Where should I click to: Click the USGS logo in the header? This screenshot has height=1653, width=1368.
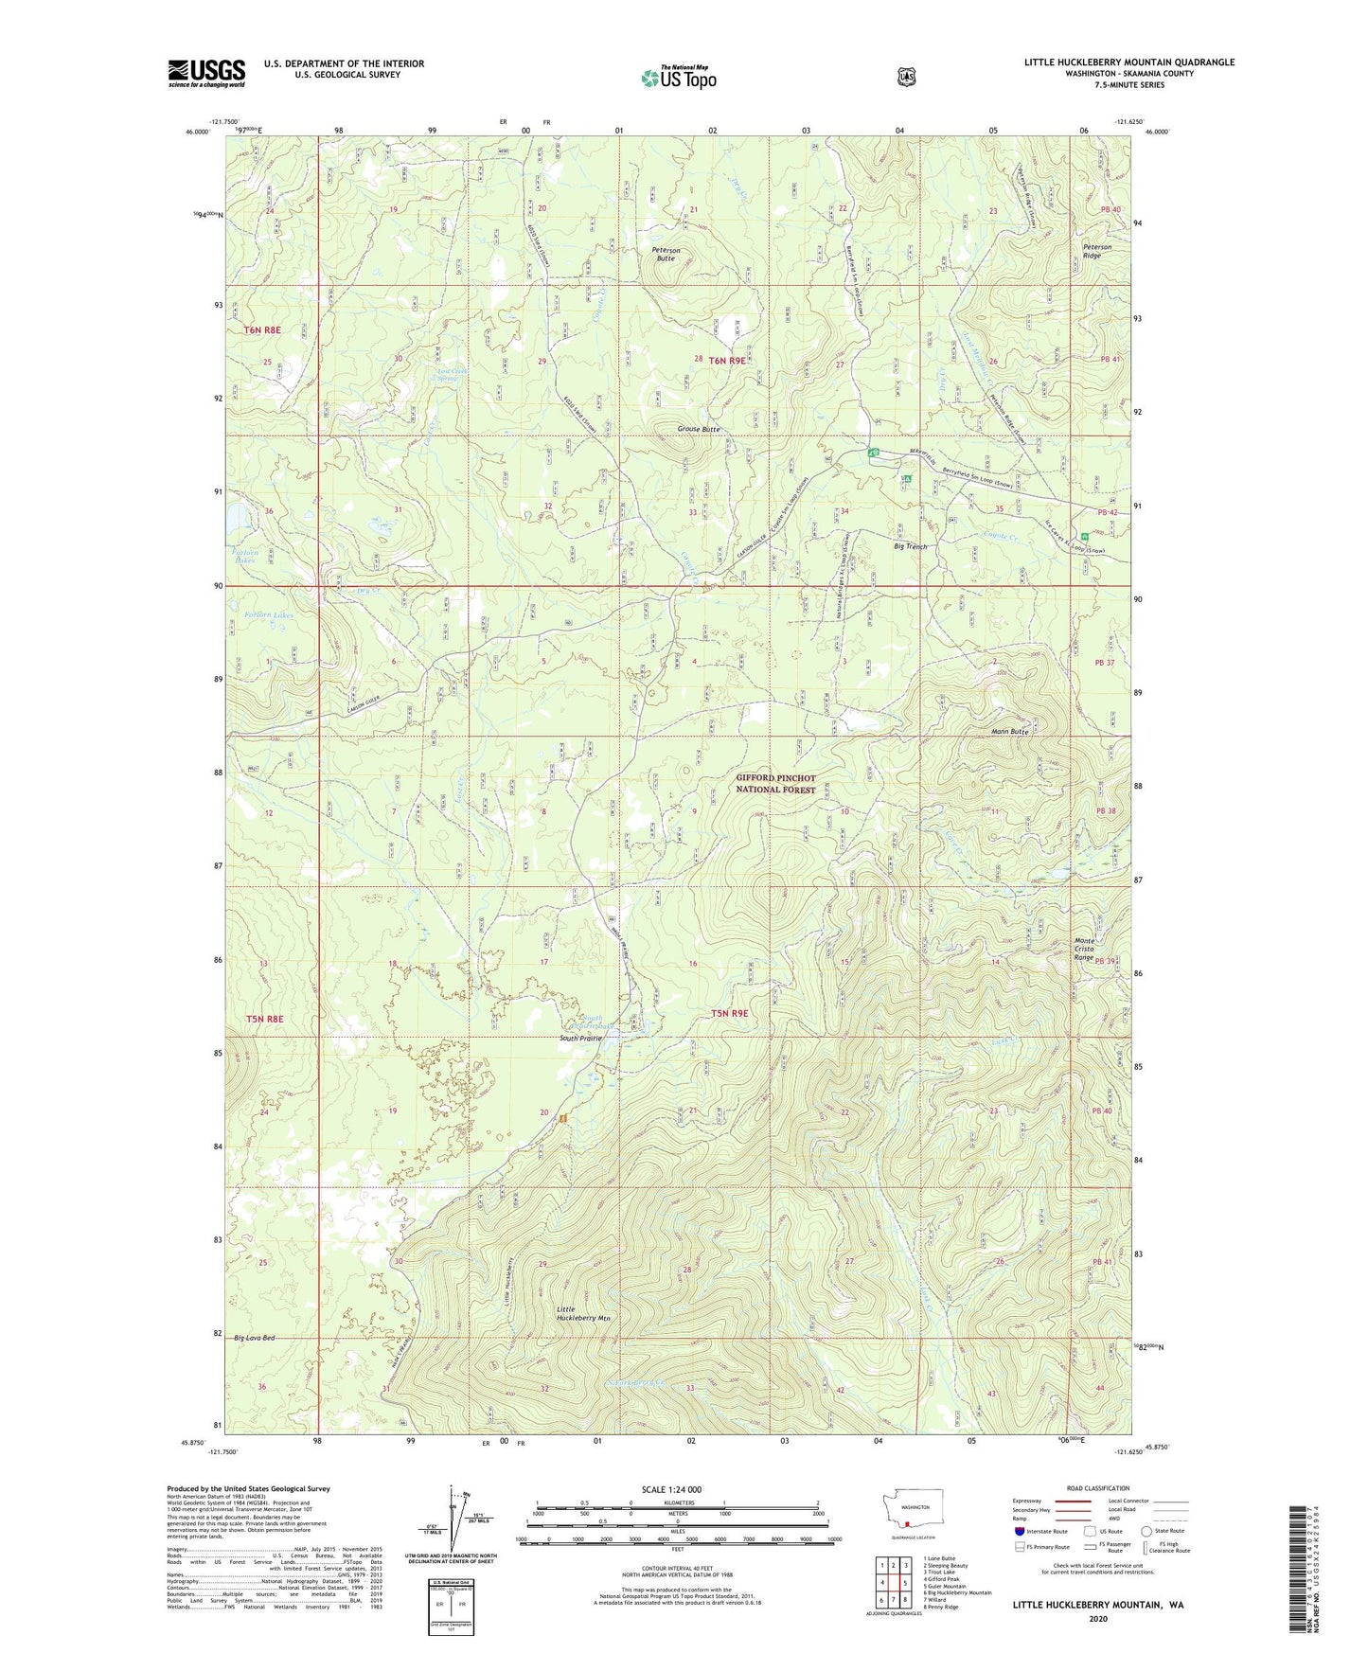tap(206, 73)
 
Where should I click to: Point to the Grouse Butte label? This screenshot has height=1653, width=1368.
tap(700, 429)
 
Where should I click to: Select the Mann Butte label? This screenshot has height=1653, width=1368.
tap(1008, 732)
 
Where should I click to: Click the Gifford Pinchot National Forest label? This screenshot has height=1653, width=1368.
tap(775, 784)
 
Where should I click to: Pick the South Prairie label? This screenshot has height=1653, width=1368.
tap(580, 1039)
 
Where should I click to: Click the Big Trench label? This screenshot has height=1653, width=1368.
tap(911, 546)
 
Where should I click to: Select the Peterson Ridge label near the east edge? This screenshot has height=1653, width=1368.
tap(1098, 251)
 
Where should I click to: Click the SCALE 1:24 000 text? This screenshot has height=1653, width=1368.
tap(671, 1489)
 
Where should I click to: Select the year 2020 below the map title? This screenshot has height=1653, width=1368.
tap(1097, 1618)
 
